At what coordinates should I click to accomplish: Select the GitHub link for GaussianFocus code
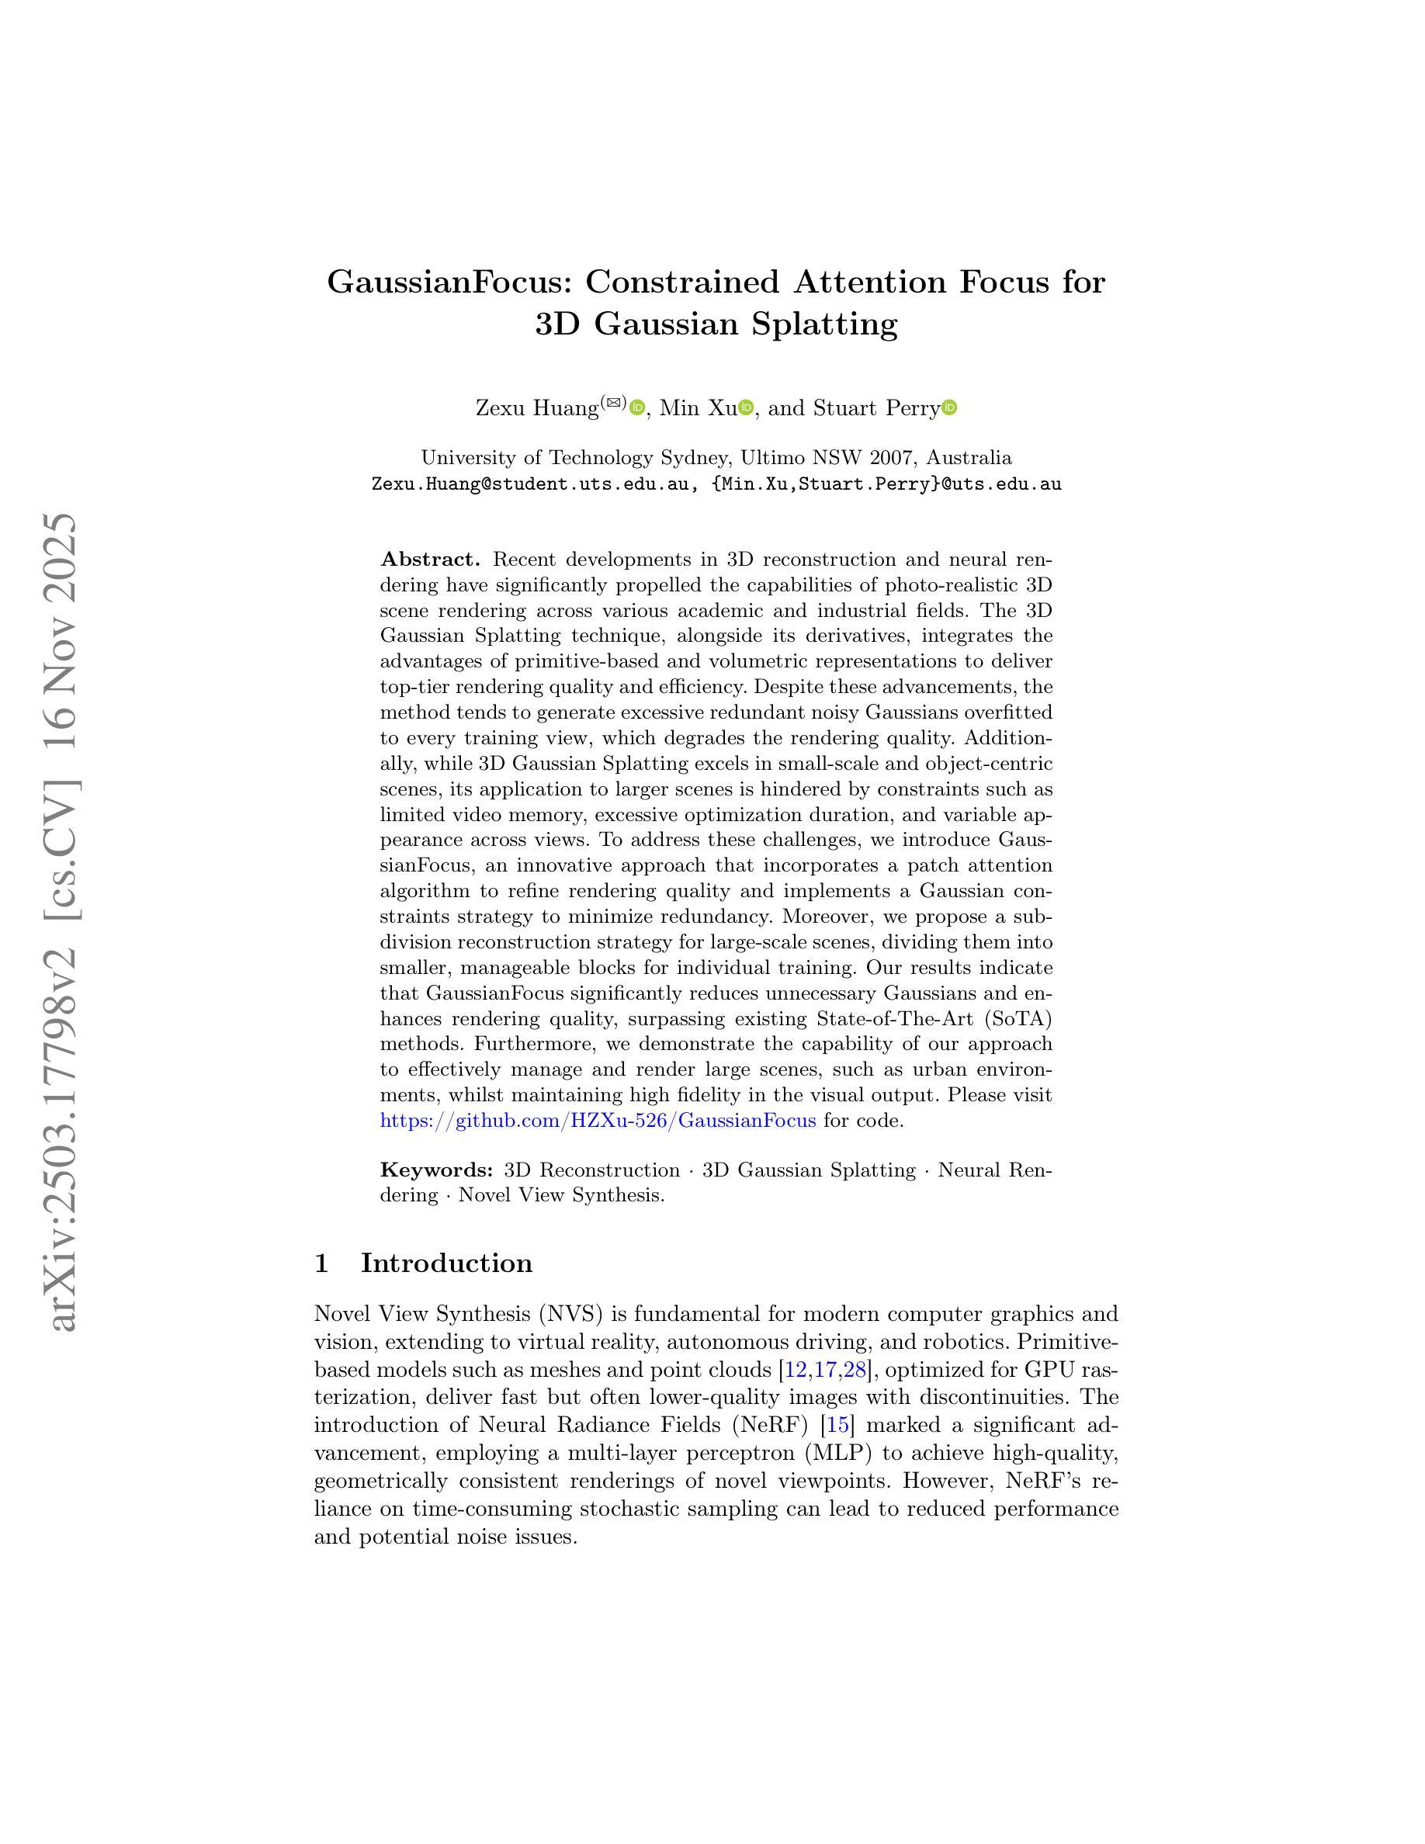598,1121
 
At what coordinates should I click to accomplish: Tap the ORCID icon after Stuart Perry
950,407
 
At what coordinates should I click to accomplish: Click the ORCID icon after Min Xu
745,407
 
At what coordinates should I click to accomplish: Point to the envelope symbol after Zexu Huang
614,403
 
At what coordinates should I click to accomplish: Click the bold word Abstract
431,559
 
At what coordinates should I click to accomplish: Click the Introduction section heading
446,1263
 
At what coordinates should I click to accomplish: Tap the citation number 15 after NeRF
837,1425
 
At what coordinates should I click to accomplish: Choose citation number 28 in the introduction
855,1370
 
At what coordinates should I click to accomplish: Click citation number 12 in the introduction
796,1370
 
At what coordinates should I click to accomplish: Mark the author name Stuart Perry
876,409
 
